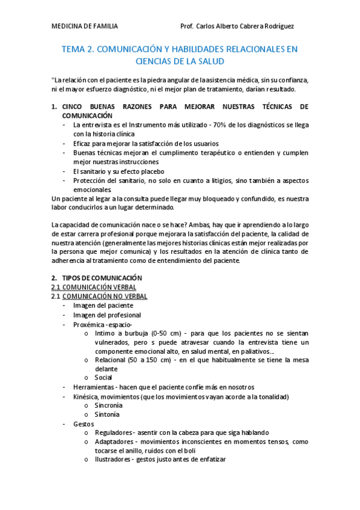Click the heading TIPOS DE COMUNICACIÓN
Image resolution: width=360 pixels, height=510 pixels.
pos(102,278)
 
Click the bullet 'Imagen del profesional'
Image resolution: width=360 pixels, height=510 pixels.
pos(107,315)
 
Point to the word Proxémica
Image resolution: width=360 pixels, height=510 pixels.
pos(90,324)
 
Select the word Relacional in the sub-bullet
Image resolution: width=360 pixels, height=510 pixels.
pos(110,360)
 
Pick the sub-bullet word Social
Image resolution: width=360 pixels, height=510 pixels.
pos(103,378)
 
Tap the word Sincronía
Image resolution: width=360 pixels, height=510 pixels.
pos(109,405)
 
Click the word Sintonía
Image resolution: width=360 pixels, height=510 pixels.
pos(107,414)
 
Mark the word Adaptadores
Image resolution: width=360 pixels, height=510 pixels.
pos(115,442)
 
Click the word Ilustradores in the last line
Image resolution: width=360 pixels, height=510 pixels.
pos(114,460)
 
